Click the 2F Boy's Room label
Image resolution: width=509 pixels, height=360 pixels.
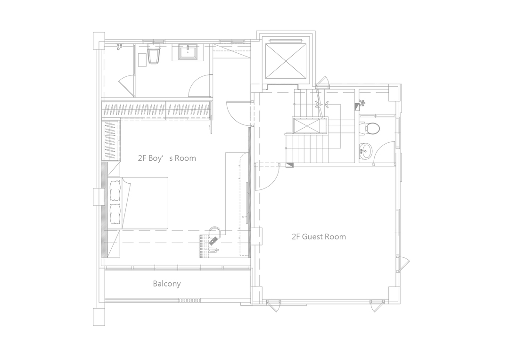pos(167,158)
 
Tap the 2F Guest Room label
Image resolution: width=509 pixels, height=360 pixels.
pos(319,237)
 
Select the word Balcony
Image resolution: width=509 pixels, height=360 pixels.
pos(167,284)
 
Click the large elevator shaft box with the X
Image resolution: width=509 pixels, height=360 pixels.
pos(286,61)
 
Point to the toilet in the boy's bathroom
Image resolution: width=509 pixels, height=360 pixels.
pos(154,54)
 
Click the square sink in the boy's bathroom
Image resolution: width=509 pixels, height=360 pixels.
pos(188,52)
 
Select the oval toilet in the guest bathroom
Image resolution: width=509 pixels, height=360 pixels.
pos(370,128)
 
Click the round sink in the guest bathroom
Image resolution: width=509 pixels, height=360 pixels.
pos(366,151)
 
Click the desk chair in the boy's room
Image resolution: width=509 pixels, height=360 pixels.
pos(214,232)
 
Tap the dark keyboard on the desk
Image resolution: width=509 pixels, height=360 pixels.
pos(214,240)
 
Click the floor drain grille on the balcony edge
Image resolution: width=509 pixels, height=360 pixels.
pos(189,300)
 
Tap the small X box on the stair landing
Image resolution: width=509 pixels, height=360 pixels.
pos(310,126)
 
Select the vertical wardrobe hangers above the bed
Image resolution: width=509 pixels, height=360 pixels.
pos(111,140)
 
